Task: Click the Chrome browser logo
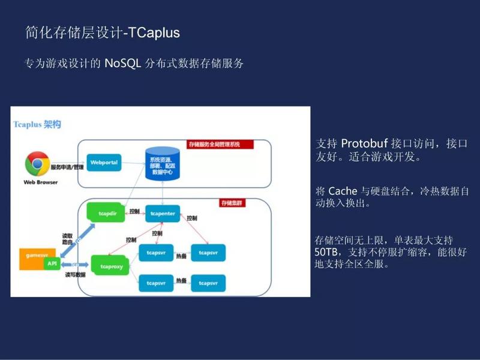[x=37, y=164]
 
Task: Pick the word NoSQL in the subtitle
[x=122, y=64]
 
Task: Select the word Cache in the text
[x=343, y=191]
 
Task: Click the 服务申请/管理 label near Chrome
[x=67, y=167]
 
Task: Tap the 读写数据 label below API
[x=76, y=275]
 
